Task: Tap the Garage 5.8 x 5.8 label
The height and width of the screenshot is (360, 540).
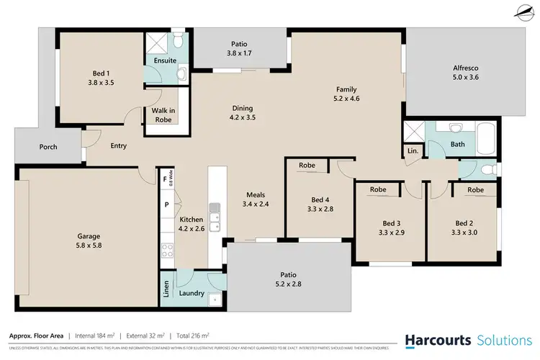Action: tap(89, 241)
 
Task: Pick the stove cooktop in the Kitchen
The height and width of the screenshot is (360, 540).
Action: tap(168, 251)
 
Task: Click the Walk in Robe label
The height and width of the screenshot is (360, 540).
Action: tap(163, 115)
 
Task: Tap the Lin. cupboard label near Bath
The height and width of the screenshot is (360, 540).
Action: tap(413, 151)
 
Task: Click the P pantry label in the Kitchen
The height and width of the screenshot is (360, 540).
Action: tap(166, 204)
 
